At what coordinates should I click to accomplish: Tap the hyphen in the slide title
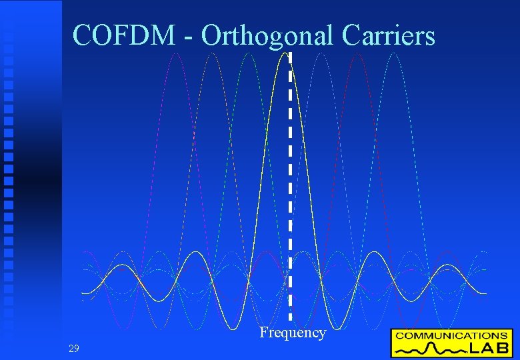coord(190,37)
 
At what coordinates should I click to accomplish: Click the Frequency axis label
coord(293,333)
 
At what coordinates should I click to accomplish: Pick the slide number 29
coord(73,348)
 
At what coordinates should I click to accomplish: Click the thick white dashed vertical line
coord(290,187)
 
